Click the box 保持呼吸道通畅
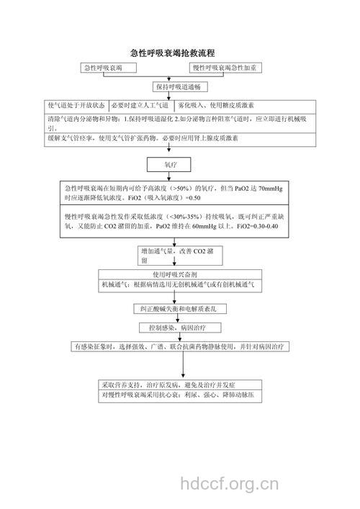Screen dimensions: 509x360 point(179,86)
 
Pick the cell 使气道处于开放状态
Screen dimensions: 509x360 point(76,104)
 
